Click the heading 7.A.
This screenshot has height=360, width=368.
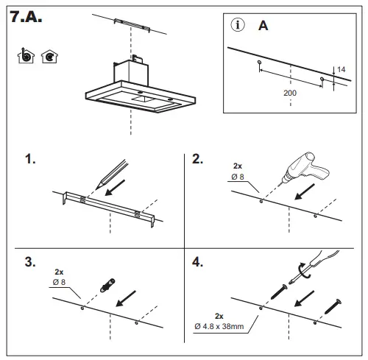[27, 18]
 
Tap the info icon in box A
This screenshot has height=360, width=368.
[238, 25]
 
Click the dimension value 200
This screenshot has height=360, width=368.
[291, 93]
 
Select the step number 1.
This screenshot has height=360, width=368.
[30, 160]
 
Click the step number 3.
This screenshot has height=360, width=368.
[30, 261]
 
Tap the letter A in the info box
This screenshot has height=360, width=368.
[263, 26]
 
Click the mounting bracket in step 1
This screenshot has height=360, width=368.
[109, 206]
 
